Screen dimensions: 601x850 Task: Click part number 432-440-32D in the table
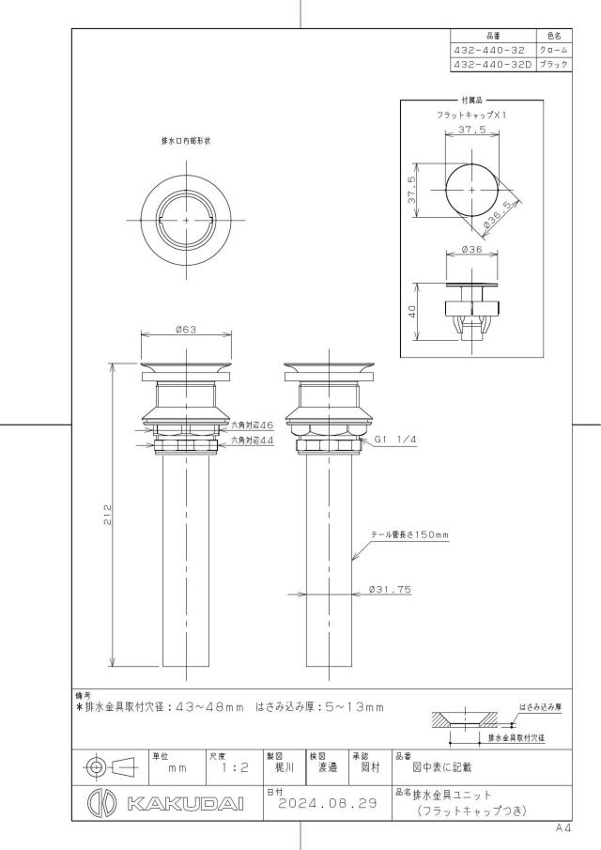point(492,64)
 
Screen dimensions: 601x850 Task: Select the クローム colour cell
point(553,50)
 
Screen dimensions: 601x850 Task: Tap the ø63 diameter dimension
point(186,330)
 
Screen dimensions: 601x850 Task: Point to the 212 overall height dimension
point(108,515)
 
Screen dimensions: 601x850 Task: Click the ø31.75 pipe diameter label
point(391,589)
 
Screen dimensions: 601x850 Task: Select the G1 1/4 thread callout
point(395,440)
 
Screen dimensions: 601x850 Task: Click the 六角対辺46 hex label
point(253,425)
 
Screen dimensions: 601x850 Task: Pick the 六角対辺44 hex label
point(253,440)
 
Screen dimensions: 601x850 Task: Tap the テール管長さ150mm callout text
point(409,535)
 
